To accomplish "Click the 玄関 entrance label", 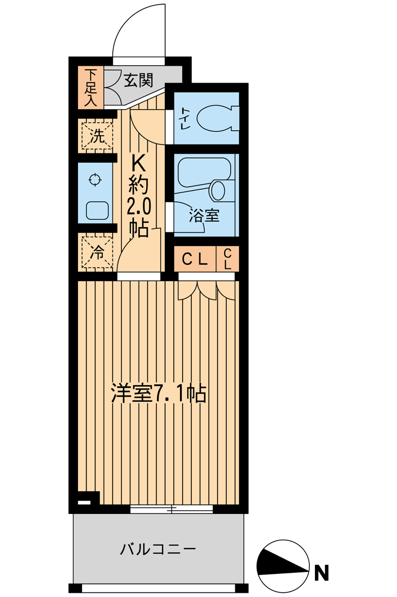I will (x=138, y=80).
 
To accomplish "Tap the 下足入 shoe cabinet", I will (x=90, y=88).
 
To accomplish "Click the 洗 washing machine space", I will (x=96, y=136).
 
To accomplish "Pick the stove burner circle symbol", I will (x=94, y=180).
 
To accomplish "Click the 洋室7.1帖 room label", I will (x=158, y=394).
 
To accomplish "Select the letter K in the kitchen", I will (x=138, y=164).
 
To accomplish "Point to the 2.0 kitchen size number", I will (x=138, y=207).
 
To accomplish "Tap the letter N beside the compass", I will (x=322, y=572).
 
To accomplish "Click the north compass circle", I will (x=283, y=565).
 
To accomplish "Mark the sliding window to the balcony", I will (x=171, y=509).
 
